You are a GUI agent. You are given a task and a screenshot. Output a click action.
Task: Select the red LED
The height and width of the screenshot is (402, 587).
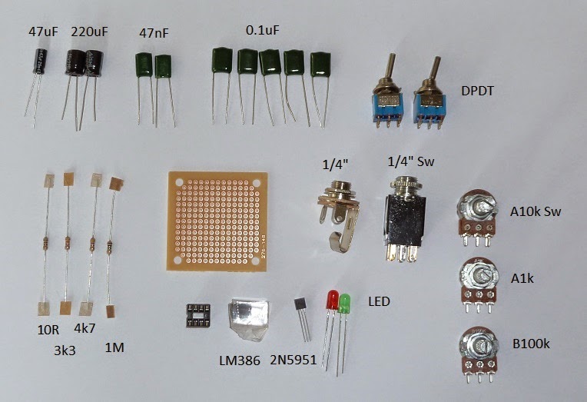tap(333, 301)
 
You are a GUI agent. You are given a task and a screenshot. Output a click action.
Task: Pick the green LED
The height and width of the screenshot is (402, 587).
tap(345, 304)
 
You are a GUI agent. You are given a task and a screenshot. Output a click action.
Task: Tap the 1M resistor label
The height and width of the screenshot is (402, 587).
tap(114, 348)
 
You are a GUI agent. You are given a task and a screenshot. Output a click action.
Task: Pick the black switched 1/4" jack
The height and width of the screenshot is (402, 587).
tap(406, 218)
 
